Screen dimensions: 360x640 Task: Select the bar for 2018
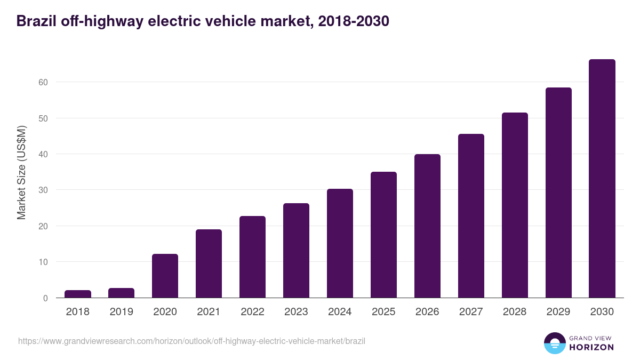78,294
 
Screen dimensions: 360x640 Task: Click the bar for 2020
165,276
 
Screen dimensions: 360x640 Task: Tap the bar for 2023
296,251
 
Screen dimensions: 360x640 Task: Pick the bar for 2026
427,226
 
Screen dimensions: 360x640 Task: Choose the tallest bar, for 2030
602,179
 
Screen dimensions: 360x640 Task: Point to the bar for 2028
515,205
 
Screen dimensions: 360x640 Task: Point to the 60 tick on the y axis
43,82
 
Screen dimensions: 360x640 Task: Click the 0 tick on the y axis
45,298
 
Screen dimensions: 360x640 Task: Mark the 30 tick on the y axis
43,190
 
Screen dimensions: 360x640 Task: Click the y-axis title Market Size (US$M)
21,172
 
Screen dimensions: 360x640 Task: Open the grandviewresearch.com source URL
191,341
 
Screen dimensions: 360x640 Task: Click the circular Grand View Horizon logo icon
554,343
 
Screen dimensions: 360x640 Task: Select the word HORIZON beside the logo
592,347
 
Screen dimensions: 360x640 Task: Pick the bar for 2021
209,263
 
